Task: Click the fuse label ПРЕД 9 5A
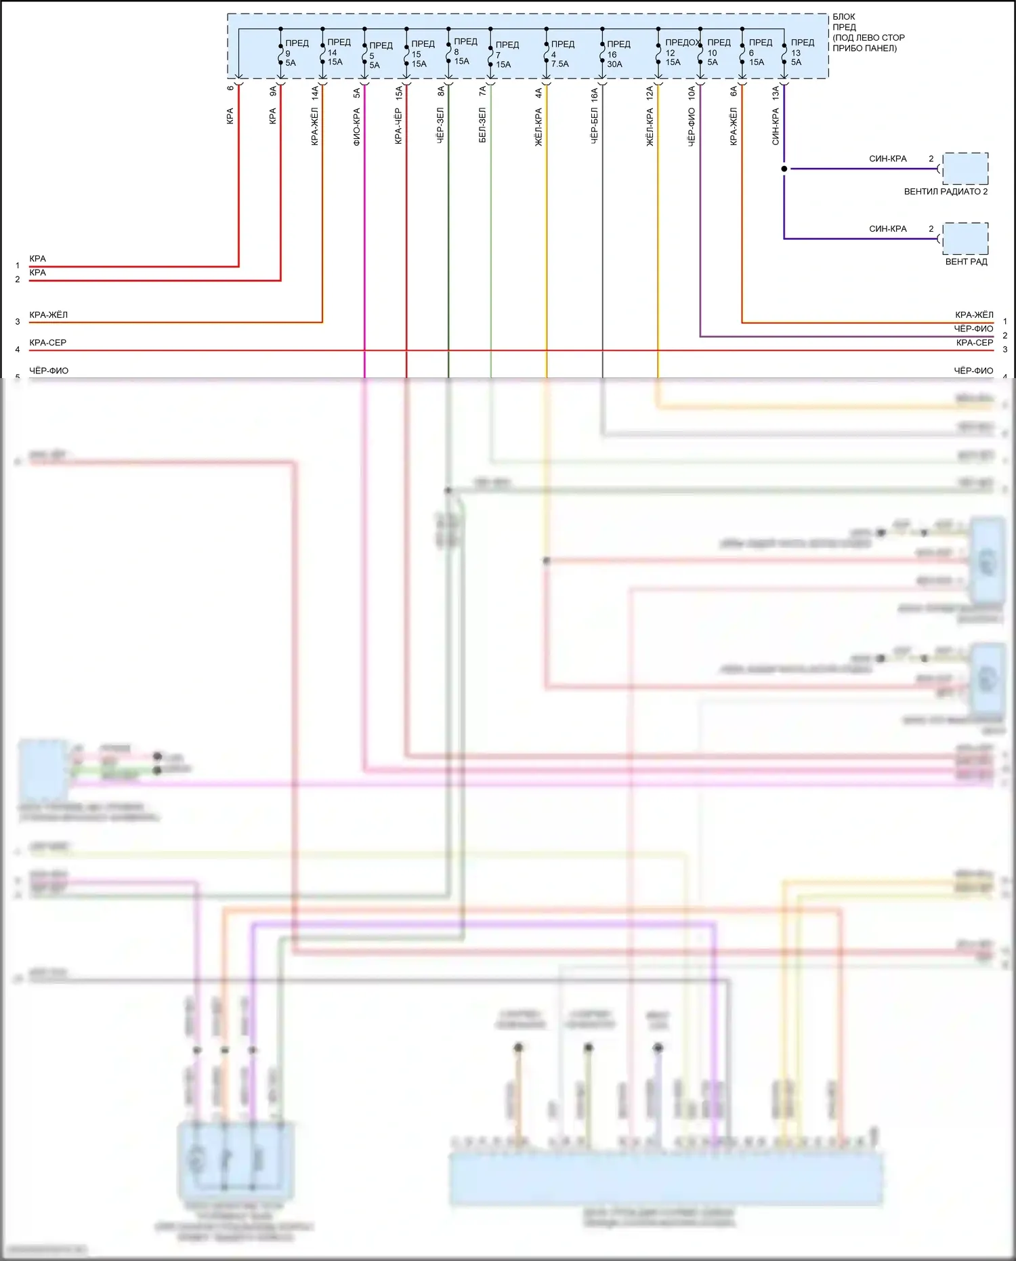pos(295,53)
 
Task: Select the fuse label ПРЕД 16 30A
pos(617,54)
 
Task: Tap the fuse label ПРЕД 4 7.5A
pos(562,54)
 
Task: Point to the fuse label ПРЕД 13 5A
pos(801,52)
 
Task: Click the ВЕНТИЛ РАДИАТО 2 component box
pos(965,169)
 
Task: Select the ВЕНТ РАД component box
pos(965,239)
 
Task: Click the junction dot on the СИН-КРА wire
pos(784,169)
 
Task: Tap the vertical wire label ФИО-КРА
pos(357,127)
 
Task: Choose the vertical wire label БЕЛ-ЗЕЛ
pos(482,125)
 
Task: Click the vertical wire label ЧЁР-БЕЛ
pos(594,125)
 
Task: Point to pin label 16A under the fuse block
pos(594,94)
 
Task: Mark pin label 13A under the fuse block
pos(776,94)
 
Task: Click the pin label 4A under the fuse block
pos(538,94)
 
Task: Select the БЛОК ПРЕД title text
pos(844,22)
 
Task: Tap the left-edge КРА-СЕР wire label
pos(48,343)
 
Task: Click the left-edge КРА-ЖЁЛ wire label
pos(49,315)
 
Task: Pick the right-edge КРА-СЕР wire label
pos(974,343)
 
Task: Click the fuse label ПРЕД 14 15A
pos(338,52)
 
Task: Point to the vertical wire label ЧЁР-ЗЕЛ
pos(440,125)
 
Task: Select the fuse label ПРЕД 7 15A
pos(506,54)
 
